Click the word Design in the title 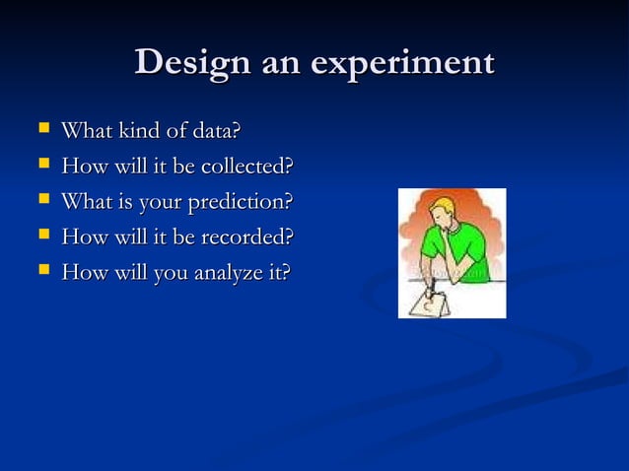pyautogui.click(x=193, y=63)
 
